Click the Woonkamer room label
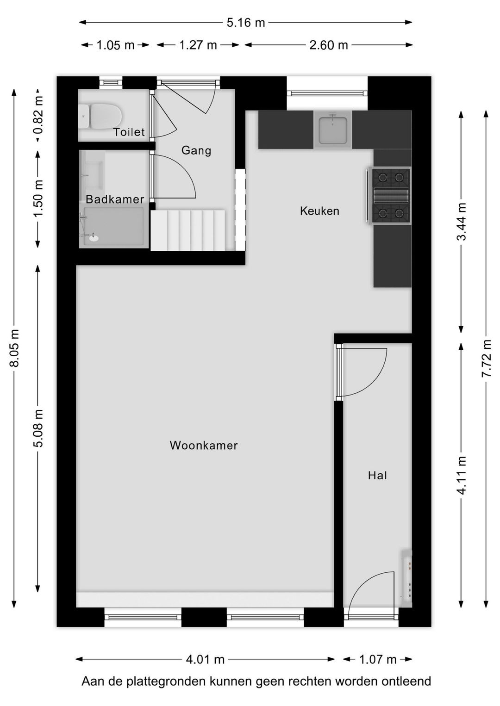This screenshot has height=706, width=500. click(204, 446)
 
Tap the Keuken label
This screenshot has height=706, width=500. click(319, 211)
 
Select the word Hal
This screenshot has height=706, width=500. click(377, 475)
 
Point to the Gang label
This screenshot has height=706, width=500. click(196, 150)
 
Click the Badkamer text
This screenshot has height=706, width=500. click(115, 199)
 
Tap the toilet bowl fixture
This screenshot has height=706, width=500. click(104, 115)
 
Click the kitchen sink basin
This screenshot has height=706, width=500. click(333, 130)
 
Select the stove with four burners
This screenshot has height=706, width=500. click(391, 195)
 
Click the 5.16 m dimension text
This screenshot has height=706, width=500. click(246, 22)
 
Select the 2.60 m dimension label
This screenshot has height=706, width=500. click(328, 45)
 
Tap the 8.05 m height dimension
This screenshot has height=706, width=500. click(14, 348)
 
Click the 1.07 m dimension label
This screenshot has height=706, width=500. click(378, 659)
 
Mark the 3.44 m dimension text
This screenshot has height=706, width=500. click(462, 222)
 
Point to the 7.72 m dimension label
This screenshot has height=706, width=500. click(486, 359)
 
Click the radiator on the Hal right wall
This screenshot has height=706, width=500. click(406, 578)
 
